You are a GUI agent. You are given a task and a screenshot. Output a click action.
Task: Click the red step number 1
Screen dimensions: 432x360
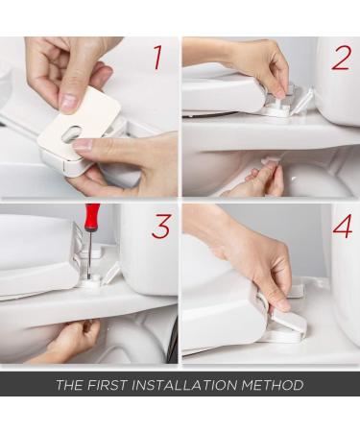157,58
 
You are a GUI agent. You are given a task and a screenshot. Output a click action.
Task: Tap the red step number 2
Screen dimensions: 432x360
341,58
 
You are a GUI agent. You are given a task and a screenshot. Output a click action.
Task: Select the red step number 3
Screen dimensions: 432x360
160,227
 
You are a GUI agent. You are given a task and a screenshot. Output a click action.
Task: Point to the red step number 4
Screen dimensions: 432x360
342,227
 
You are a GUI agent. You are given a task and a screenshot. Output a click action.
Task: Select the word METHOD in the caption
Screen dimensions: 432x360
274,385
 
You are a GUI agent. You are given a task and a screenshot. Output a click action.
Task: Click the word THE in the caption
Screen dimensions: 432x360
71,385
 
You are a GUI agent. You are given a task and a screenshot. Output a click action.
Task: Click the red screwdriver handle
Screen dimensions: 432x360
91,217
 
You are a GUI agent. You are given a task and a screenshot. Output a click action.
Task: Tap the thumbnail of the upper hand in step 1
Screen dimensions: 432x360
67,98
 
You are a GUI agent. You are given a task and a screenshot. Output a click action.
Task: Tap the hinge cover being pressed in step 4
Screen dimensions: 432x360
283,328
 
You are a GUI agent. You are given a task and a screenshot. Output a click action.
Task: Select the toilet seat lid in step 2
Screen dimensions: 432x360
216,94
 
